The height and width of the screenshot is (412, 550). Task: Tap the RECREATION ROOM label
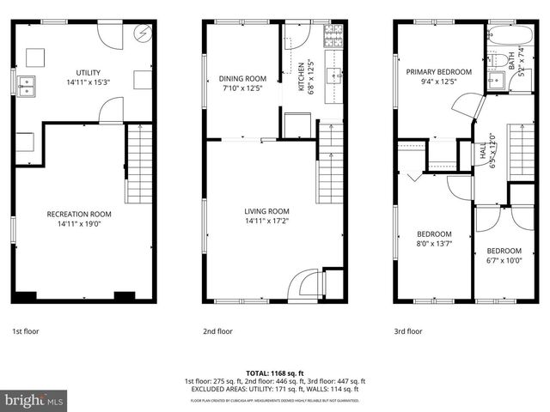tap(79, 213)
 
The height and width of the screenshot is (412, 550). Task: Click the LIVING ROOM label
tap(266, 211)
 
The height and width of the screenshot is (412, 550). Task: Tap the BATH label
tap(510, 60)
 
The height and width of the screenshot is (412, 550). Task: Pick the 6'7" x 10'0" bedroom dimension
tap(504, 261)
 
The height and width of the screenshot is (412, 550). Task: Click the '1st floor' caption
tap(25, 330)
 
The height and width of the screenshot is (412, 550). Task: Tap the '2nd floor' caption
tap(217, 330)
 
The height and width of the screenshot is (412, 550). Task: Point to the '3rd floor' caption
tap(408, 330)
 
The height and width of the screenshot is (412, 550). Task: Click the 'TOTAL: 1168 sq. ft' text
tap(274, 373)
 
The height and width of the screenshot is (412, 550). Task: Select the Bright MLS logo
tap(34, 400)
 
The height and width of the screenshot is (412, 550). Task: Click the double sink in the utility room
tap(27, 85)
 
